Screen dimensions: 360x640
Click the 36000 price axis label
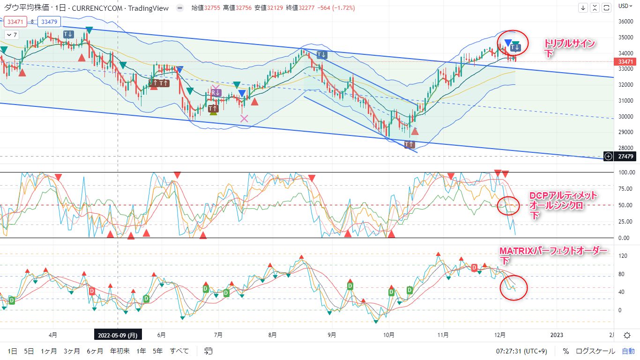click(x=625, y=21)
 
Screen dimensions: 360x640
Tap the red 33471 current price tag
click(x=627, y=61)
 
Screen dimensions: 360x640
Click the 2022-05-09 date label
click(x=117, y=335)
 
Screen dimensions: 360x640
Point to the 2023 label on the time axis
click(x=557, y=335)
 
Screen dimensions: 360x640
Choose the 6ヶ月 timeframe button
click(x=94, y=351)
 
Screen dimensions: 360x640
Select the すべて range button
click(x=179, y=351)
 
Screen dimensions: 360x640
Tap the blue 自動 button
click(x=628, y=351)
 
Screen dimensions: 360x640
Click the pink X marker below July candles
click(x=244, y=119)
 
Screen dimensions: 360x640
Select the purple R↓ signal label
click(x=216, y=93)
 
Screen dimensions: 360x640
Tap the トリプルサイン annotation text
click(x=569, y=44)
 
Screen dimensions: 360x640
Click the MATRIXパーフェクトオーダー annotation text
click(x=553, y=252)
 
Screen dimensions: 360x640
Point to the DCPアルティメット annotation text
click(x=563, y=196)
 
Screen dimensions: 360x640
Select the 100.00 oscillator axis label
click(x=626, y=172)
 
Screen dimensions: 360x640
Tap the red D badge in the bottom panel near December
click(x=475, y=268)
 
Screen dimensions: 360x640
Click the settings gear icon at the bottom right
click(x=627, y=335)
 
